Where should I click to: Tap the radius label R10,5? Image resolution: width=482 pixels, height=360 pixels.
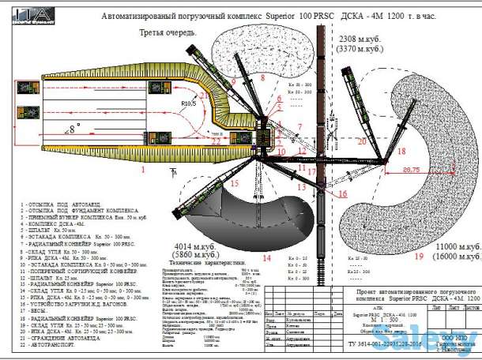[x=187, y=103]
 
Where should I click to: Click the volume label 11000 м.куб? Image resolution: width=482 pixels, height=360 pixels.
[x=450, y=247]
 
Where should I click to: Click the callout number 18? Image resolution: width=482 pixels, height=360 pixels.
[x=401, y=150]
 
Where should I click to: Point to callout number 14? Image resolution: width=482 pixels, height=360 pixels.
[x=266, y=257]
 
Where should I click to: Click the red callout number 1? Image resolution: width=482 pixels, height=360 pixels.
[x=142, y=169]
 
